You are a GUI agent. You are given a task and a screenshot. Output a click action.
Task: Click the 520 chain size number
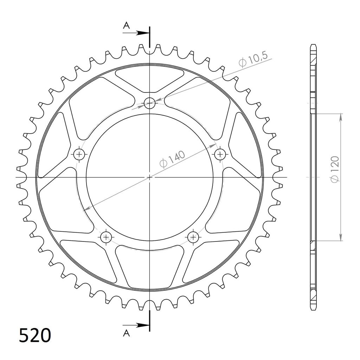[x=35, y=336]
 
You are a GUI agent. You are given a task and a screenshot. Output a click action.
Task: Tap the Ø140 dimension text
[x=172, y=159]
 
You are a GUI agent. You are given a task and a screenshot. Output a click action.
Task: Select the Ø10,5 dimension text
[x=253, y=59]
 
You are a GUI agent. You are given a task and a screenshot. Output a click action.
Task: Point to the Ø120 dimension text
[x=335, y=169]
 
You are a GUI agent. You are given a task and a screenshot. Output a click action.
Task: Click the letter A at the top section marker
[x=126, y=25]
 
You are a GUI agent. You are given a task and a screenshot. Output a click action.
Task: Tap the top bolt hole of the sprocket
[x=149, y=103]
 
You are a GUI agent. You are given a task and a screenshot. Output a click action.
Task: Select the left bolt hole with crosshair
[x=79, y=154]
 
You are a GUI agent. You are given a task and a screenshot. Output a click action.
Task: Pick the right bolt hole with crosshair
[x=220, y=154]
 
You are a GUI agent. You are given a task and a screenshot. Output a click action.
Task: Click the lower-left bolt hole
[x=106, y=237]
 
